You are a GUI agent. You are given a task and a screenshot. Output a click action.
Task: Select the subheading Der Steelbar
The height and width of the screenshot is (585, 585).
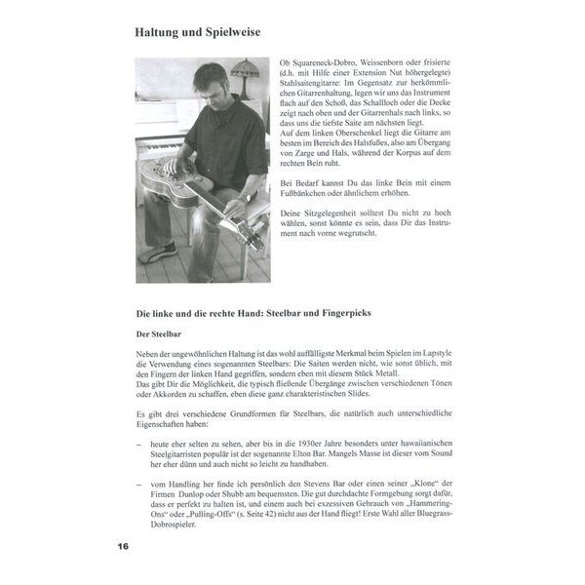coord(159,332)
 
